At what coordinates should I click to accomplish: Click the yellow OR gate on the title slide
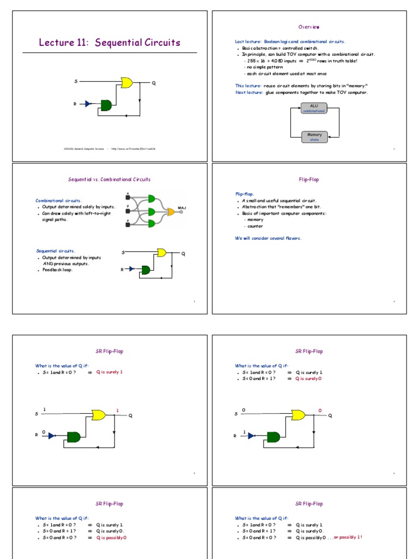pos(126,82)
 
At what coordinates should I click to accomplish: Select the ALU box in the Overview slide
pos(314,108)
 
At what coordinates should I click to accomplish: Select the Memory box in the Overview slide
pos(314,136)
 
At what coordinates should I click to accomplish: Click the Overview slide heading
pos(309,27)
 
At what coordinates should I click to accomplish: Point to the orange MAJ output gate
pos(171,211)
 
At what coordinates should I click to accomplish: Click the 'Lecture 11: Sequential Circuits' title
pos(109,43)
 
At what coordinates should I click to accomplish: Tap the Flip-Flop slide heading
pos(309,179)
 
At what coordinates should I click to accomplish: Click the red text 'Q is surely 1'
pos(110,372)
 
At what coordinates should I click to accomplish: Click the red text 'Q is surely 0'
pos(309,378)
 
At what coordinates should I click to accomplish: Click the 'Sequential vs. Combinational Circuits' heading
pos(109,179)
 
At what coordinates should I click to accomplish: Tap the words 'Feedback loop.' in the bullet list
pos(57,270)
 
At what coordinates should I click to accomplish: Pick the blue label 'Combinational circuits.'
pos(58,200)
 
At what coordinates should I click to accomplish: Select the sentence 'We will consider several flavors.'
pos(267,238)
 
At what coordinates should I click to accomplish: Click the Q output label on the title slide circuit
pos(154,83)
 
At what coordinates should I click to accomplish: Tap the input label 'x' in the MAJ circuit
pos(128,193)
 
